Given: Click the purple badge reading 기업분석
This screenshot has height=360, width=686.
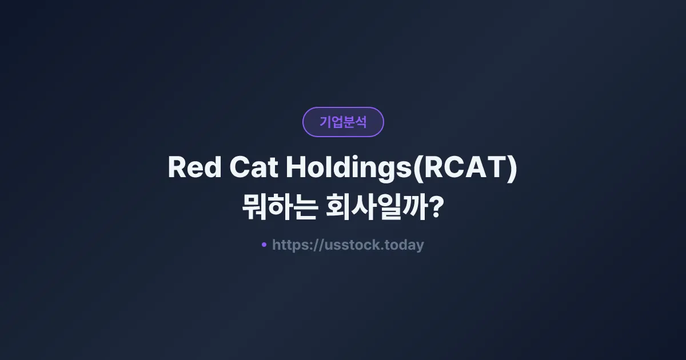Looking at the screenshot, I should (343, 122).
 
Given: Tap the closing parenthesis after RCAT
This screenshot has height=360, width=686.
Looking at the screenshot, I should (512, 169).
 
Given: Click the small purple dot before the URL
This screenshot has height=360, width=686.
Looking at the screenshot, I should (264, 245).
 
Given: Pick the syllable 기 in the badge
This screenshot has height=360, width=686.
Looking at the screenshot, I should (325, 122).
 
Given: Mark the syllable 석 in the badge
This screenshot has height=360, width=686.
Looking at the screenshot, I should (361, 122).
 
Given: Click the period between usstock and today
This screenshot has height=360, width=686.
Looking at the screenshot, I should (384, 249).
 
